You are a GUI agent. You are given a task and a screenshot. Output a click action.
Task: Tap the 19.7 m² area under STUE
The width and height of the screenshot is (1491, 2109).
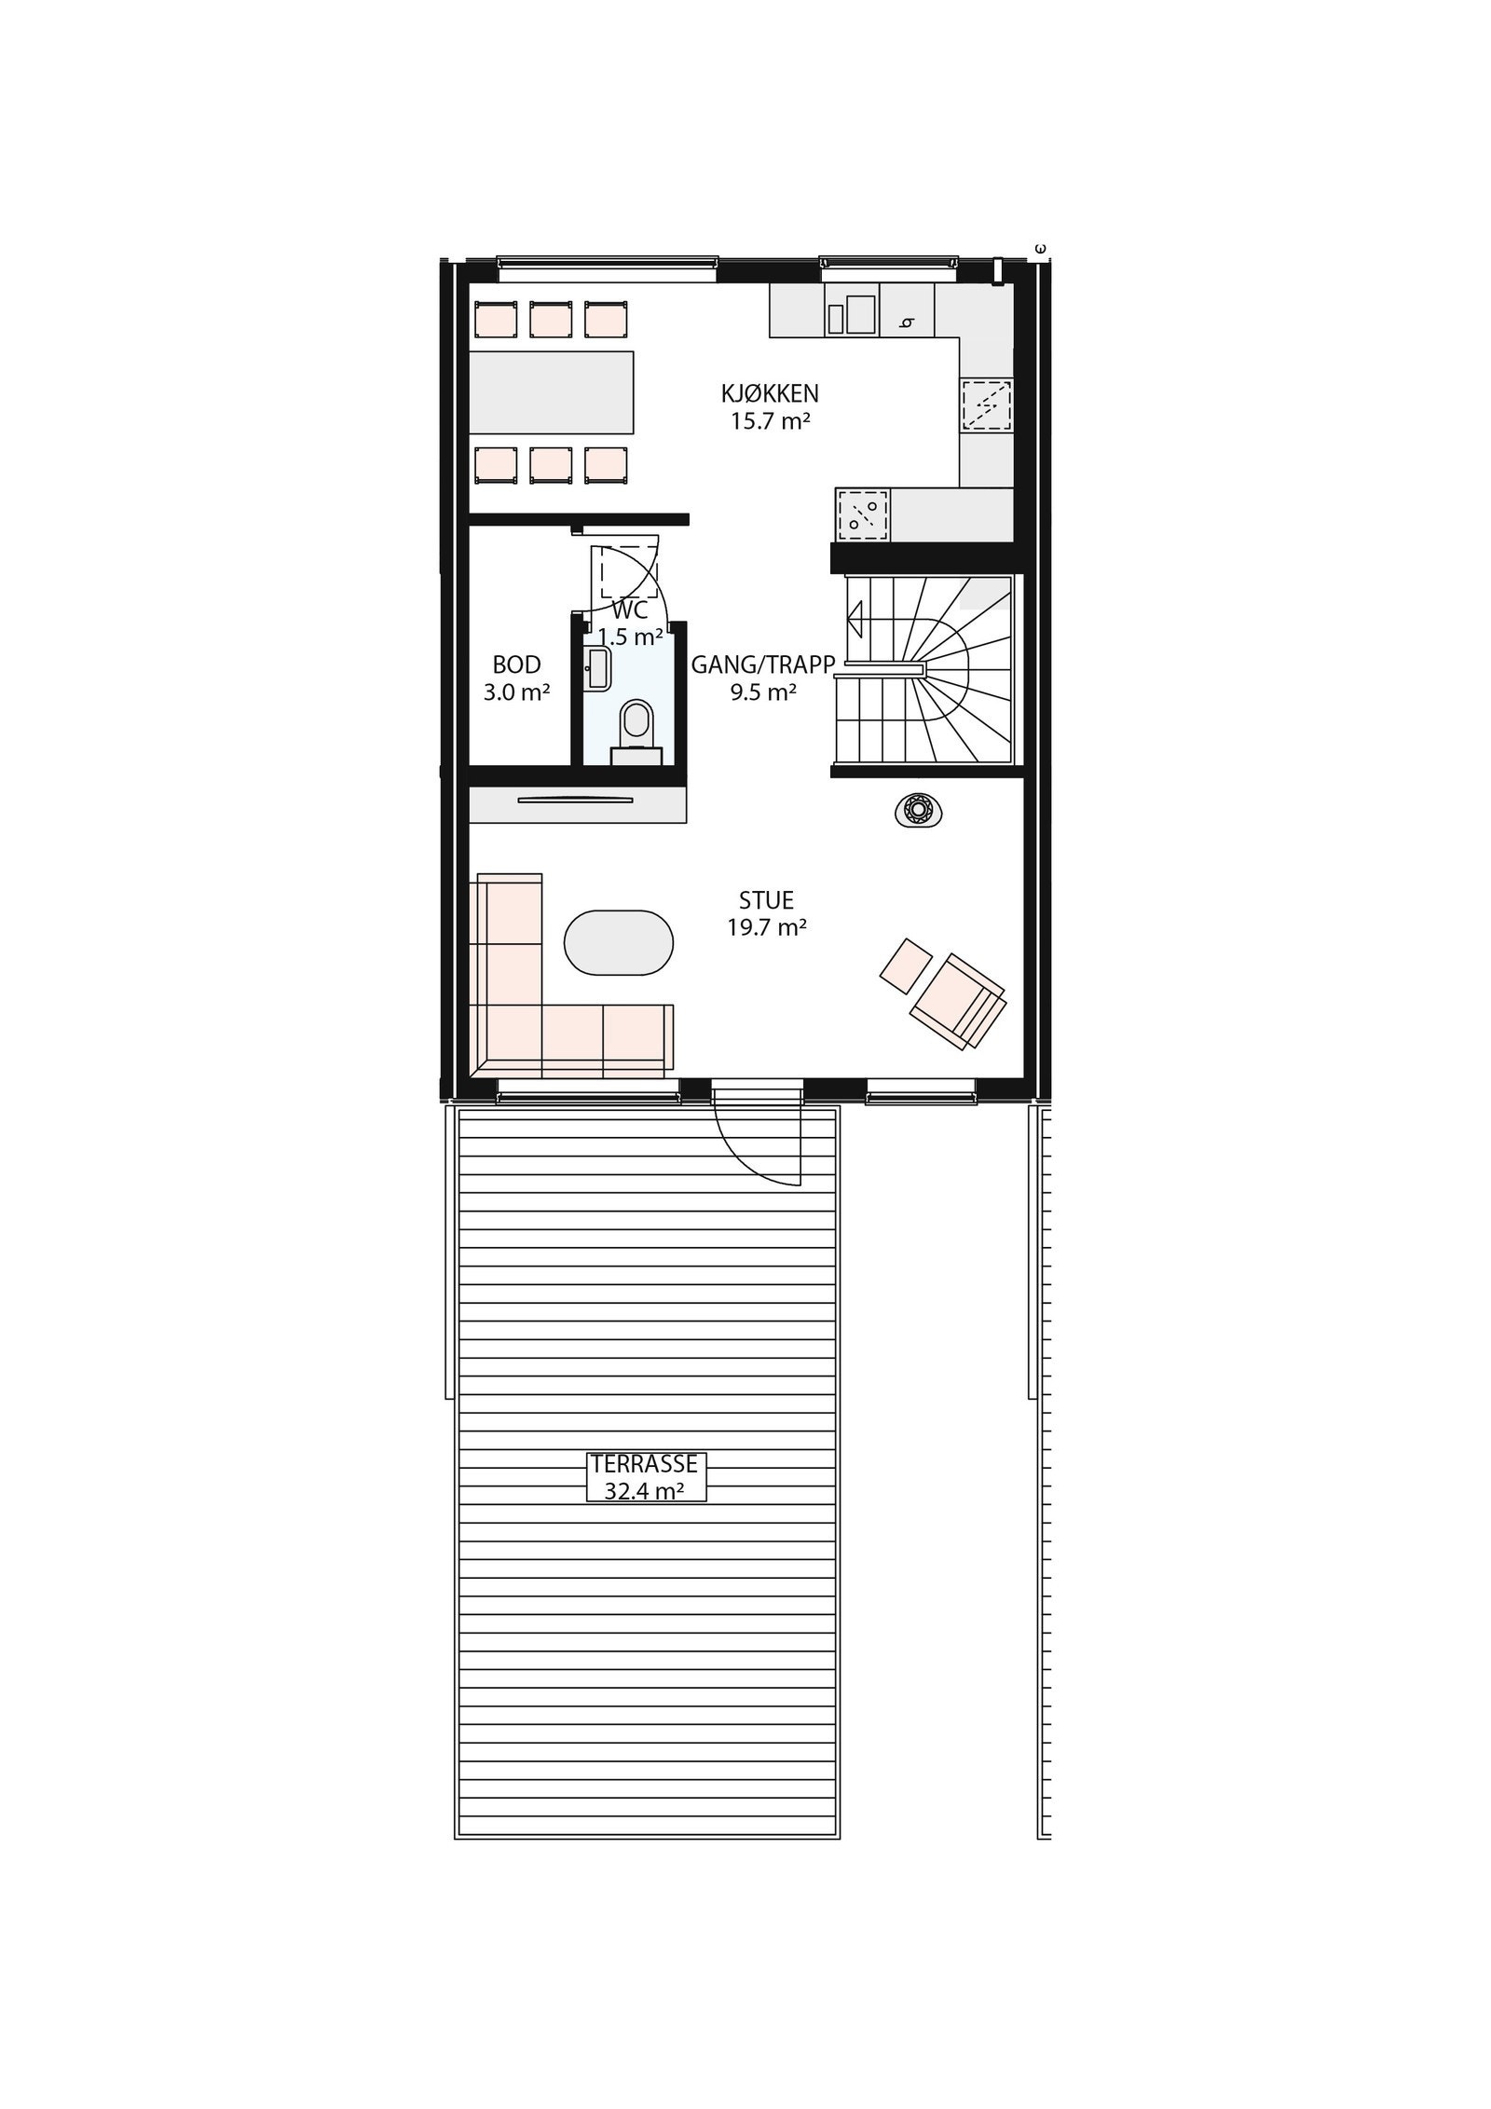(x=766, y=927)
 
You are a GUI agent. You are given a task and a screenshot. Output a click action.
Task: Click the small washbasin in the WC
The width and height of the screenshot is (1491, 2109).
(x=596, y=668)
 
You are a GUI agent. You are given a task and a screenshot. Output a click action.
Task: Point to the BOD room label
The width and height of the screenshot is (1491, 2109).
(x=516, y=664)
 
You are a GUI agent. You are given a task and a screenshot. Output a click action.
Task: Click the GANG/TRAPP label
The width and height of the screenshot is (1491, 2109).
(x=762, y=664)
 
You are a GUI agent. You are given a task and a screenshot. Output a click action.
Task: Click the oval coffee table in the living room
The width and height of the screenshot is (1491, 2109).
(x=619, y=943)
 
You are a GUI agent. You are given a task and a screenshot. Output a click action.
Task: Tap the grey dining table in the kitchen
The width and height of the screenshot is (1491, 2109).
(x=551, y=392)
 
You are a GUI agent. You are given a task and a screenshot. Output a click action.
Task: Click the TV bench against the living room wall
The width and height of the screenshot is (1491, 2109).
(x=577, y=804)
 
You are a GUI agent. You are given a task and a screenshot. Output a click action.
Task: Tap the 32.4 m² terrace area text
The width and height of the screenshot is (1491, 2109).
(x=644, y=1491)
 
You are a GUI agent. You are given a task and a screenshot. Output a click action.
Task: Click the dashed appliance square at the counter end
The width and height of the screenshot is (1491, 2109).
(x=863, y=514)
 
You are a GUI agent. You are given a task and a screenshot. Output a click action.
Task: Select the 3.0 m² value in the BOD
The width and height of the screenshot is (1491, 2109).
(x=516, y=692)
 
